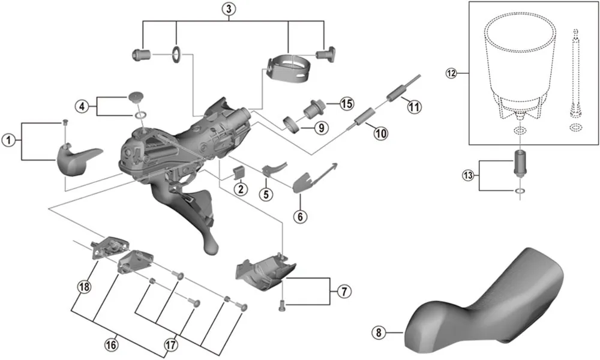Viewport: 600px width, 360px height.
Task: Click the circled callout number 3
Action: click(x=228, y=8)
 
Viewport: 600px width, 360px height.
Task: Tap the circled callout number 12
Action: click(x=451, y=74)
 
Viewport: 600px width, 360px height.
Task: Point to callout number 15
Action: click(x=346, y=104)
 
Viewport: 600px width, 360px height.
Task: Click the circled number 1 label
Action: click(x=8, y=140)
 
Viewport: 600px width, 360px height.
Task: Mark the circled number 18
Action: click(x=83, y=287)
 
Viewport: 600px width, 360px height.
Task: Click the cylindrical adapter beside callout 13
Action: click(x=519, y=162)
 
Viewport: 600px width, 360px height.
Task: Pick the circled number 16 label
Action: click(x=111, y=344)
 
